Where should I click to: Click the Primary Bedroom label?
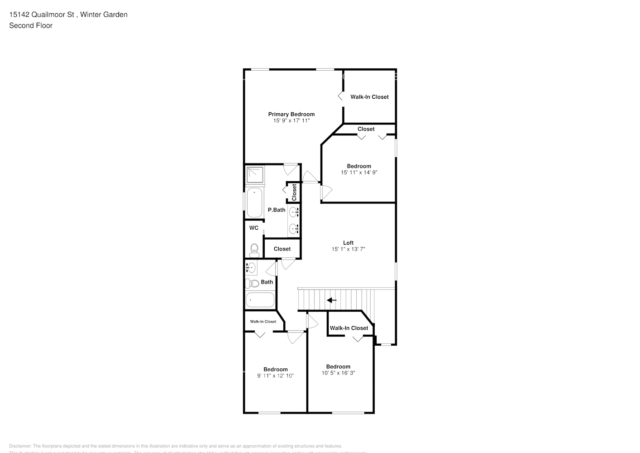pos(291,114)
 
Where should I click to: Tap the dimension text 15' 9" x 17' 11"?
pos(291,121)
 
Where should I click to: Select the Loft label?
pos(348,243)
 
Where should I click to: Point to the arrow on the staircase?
pos(332,300)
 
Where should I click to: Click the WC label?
pos(254,228)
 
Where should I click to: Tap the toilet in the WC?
pos(254,249)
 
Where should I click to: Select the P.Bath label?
pos(277,210)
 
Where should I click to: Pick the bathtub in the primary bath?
pos(254,203)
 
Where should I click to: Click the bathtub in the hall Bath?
pos(260,300)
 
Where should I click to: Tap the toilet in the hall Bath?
pos(252,284)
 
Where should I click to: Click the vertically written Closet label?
pos(294,193)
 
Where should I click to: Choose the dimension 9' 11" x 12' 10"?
pos(276,376)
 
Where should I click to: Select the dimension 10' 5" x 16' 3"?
pos(338,373)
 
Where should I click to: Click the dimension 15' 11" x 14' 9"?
pos(359,172)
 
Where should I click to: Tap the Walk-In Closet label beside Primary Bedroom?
pos(369,97)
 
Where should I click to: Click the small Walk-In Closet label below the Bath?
pos(263,322)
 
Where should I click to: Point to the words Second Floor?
pos(31,25)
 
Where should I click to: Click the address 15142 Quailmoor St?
pos(42,14)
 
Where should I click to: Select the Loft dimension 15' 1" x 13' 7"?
pos(348,249)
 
